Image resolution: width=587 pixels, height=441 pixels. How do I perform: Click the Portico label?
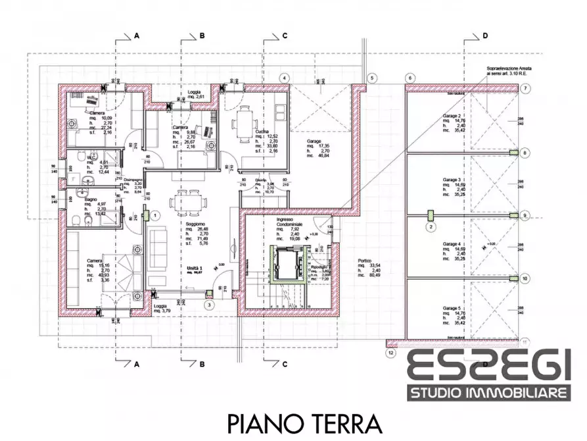point(365,259)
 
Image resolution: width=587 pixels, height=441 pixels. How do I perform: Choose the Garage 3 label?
point(451,179)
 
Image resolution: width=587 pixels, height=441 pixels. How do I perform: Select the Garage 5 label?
point(451,308)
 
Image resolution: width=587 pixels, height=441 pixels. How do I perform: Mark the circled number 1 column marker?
point(155,215)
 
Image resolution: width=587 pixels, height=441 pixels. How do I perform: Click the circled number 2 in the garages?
point(431,228)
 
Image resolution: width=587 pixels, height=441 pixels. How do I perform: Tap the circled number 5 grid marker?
point(372,78)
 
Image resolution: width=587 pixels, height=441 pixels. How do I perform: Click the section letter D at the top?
point(485,36)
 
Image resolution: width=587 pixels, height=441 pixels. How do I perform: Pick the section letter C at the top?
point(284,36)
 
